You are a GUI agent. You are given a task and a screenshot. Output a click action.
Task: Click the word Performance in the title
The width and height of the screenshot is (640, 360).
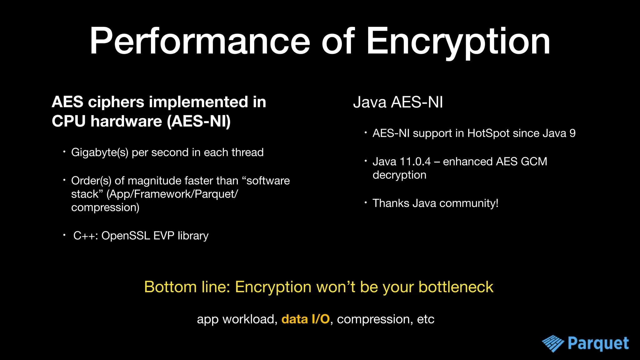click(x=200, y=42)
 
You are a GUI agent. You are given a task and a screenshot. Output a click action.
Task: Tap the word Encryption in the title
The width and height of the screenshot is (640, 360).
click(x=457, y=42)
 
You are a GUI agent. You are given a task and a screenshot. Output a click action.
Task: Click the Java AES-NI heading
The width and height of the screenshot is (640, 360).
click(x=398, y=102)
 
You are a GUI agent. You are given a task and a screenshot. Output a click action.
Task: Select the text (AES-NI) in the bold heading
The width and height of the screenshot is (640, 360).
click(x=199, y=121)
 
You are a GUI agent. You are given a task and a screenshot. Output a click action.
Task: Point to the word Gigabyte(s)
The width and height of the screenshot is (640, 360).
click(x=100, y=152)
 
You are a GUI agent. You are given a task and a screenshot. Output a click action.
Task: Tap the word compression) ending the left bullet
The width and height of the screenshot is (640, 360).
click(x=105, y=207)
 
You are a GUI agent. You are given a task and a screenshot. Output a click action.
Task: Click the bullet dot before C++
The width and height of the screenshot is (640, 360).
click(x=64, y=235)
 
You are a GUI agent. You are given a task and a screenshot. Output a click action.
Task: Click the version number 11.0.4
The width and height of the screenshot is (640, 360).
click(x=415, y=162)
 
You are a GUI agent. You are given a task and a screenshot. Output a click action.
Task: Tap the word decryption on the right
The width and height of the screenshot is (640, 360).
click(x=399, y=175)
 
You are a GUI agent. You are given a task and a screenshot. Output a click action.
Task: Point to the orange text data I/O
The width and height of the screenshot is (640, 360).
click(x=305, y=319)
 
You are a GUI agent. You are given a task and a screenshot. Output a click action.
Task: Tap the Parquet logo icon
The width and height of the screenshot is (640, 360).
click(x=552, y=343)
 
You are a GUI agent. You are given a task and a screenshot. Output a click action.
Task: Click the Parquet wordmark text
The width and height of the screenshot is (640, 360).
click(x=598, y=343)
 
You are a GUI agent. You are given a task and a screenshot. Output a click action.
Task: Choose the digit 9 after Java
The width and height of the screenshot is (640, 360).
click(x=572, y=133)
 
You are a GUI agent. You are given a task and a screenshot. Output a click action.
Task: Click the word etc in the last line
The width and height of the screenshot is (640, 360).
click(x=426, y=319)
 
